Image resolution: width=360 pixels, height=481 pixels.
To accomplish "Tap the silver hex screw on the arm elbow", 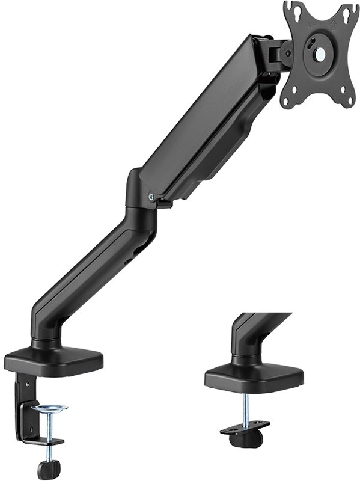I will click(150, 196).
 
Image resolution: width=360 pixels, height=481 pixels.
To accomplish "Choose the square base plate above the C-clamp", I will click(54, 360).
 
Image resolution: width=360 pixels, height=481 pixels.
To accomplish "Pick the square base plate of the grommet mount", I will click(252, 378).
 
